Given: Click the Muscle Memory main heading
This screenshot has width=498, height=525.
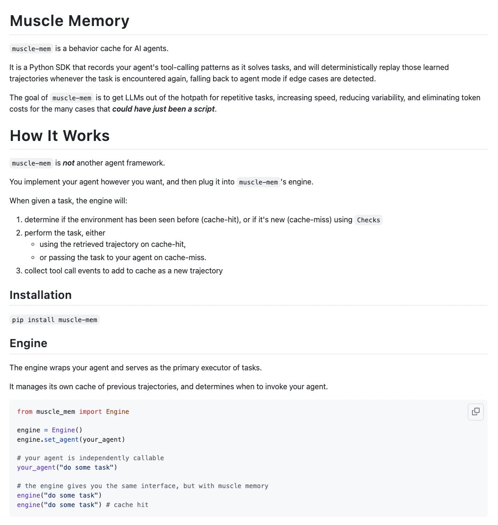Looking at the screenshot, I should point(69,21).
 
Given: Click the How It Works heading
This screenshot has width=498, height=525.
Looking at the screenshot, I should point(60,136).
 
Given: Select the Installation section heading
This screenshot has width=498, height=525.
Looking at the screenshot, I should point(41,295).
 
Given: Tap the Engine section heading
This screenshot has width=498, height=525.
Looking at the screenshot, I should point(28,343).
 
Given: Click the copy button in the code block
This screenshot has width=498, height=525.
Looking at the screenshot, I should point(476,411).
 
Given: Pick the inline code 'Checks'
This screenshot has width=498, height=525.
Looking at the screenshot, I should point(369,220).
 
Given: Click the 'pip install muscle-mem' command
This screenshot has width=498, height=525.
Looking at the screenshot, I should point(55,320).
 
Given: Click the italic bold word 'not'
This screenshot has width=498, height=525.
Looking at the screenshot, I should point(69,163).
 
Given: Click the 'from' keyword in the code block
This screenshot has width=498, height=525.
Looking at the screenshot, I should point(25,411).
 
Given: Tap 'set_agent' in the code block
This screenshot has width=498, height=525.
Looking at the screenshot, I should point(61,439).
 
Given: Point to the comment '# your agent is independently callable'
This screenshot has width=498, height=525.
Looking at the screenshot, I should point(90,458).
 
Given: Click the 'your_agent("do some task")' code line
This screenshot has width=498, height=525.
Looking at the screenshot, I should point(67,467).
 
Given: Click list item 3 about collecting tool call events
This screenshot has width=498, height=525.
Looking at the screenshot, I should point(123,271).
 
